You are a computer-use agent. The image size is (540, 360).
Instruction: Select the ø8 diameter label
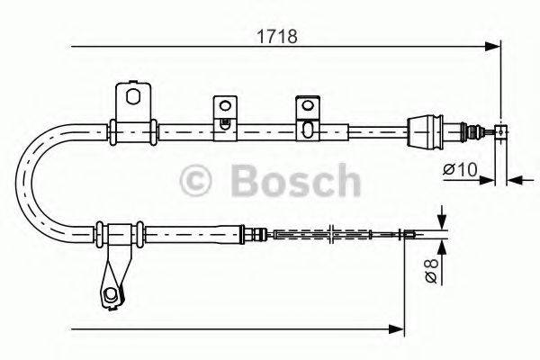click(433, 270)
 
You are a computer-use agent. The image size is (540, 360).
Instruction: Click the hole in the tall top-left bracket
click(133, 96)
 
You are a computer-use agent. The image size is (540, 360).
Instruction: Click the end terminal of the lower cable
click(409, 236)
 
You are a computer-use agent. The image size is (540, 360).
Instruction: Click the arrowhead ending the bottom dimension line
click(397, 329)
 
